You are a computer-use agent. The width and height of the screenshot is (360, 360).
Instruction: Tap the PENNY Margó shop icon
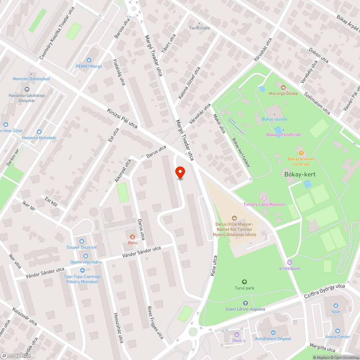tap(89, 60)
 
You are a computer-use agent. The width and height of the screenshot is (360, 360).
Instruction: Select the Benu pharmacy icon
tap(132, 237)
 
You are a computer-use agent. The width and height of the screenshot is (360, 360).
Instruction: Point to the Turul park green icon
tap(245, 282)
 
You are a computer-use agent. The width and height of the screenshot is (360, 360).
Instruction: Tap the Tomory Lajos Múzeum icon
tap(264, 198)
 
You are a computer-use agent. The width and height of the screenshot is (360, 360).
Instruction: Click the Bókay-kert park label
tap(300, 175)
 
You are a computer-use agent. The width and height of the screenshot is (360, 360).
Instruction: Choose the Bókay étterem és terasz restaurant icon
tap(301, 153)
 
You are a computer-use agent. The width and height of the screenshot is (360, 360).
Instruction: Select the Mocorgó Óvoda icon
tap(283, 87)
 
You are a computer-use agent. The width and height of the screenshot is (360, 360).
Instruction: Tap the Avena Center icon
tap(338, 330)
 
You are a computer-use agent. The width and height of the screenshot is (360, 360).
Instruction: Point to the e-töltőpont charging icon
tap(290, 262)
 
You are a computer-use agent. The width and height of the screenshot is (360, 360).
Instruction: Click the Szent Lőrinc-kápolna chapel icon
tap(246, 303)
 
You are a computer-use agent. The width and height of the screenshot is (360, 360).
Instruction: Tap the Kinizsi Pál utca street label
tap(122, 118)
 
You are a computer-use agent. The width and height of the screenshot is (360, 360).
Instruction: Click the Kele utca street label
tap(213, 266)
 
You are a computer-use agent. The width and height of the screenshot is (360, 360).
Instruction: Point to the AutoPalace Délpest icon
tap(273, 333)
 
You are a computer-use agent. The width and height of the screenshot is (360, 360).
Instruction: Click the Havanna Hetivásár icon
tap(39, 132)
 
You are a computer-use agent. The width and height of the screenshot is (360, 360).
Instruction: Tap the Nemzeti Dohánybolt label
tap(31, 79)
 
